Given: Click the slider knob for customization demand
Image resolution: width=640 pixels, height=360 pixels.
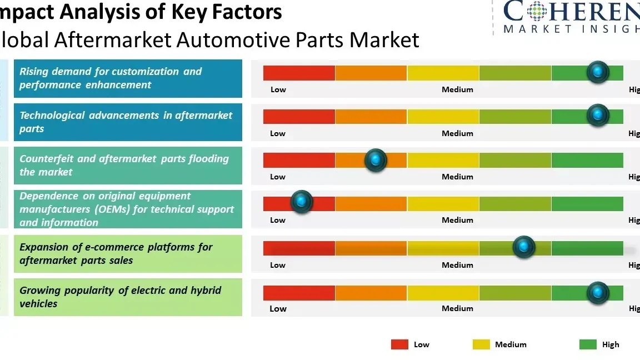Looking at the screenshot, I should coord(598,72).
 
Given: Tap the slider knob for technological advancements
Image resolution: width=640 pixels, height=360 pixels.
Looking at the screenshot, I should coord(598,115).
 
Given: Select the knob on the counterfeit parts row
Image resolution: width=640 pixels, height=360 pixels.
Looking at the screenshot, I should coord(376,160).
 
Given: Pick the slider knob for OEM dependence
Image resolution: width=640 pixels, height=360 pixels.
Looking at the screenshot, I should coord(302,202).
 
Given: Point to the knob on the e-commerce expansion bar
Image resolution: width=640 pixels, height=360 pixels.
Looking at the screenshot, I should coord(523,247).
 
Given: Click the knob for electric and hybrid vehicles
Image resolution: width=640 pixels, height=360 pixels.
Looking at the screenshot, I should coord(598,292).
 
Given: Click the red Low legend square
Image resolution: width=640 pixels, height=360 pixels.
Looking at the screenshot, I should coord(399,344).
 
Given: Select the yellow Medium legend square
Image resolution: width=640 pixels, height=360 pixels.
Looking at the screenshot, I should coord(481,344).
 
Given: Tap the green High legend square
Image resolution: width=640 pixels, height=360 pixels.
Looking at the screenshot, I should coord(588,344).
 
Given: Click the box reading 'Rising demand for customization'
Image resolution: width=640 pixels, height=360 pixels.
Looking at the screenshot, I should coord(128,78).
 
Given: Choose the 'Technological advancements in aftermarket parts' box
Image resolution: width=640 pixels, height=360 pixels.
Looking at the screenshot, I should coord(128,122).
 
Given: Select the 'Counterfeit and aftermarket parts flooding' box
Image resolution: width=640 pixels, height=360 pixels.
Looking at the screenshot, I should coord(128,165).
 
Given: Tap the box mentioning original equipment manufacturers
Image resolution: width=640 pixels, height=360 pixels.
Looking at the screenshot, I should coord(128,209).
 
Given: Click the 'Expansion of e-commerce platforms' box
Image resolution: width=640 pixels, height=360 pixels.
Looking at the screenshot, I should coord(128,253).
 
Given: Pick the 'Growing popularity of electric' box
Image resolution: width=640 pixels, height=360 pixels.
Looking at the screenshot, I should coord(128,297).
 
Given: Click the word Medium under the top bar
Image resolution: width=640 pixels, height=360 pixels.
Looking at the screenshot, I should coord(457,89).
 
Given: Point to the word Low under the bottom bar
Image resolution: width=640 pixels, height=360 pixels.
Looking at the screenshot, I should coord(278,309).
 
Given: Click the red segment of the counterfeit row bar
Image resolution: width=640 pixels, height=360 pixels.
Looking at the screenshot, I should coord(299,160).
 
